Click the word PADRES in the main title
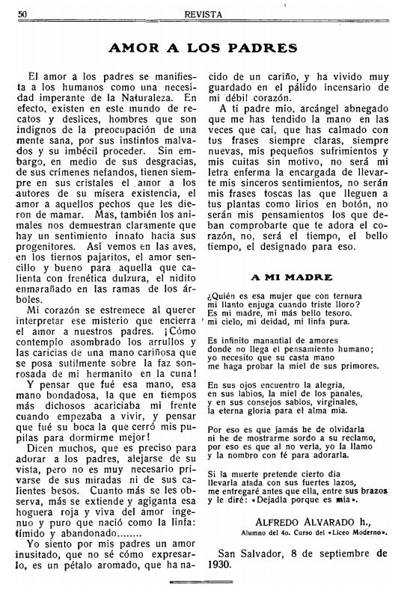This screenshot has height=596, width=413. tap(260, 49)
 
